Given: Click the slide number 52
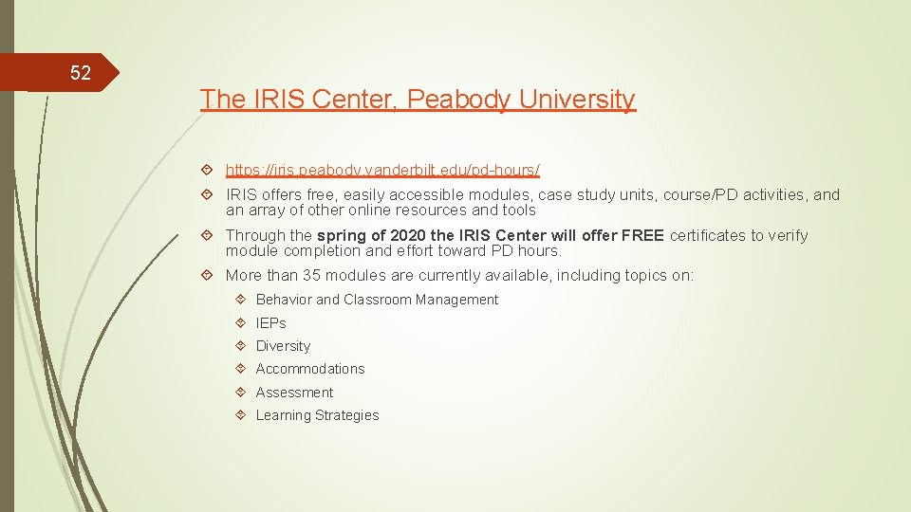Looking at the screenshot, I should tap(80, 73).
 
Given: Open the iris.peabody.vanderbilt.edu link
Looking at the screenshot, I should tap(382, 170).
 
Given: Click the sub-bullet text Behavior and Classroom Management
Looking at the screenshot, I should tap(377, 300).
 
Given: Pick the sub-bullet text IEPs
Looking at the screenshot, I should tap(270, 322).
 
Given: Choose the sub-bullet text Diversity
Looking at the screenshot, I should tap(283, 346).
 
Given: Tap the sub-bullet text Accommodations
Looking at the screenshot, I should tap(310, 369).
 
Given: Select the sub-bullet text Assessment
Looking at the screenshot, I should tap(294, 393).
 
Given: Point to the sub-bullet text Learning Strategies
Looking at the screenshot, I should tap(317, 415).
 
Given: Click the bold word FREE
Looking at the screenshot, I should tap(642, 235).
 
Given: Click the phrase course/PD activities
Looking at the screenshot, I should tap(718, 194).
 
